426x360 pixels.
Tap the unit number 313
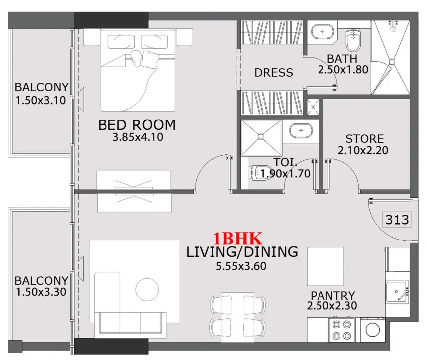[x=397, y=219]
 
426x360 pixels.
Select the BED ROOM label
[x=137, y=124]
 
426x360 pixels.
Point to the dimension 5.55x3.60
[x=241, y=266]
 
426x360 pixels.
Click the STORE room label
[x=364, y=138]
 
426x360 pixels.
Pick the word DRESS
[x=273, y=73]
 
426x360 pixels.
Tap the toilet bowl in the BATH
[x=353, y=40]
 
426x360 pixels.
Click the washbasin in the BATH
[x=323, y=33]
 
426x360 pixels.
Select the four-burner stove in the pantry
[x=342, y=329]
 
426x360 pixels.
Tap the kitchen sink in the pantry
[x=397, y=291]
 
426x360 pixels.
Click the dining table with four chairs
[x=238, y=314]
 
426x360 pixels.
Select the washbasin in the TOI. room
[x=301, y=131]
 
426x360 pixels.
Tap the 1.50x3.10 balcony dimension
[x=40, y=100]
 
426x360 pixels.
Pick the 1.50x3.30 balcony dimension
[x=40, y=292]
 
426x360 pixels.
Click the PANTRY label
[x=332, y=296]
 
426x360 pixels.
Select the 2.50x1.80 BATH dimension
[x=343, y=70]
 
